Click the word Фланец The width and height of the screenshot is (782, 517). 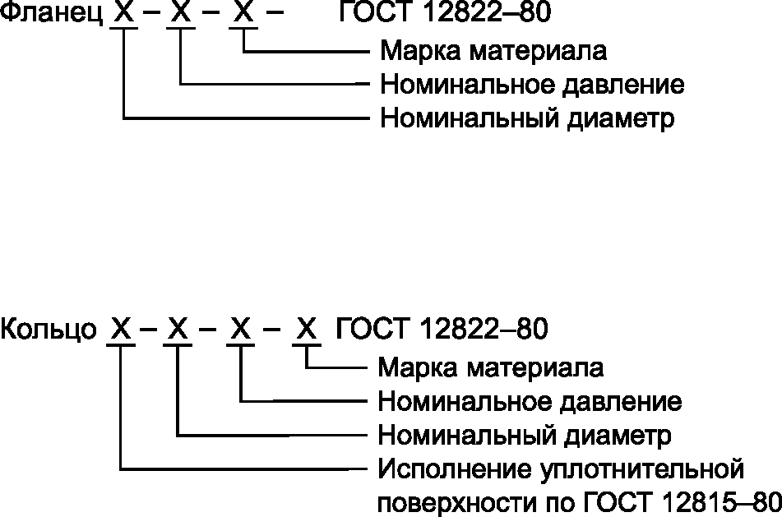coord(49,14)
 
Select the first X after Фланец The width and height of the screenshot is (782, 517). coord(123,14)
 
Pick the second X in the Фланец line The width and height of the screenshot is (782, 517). coord(181,14)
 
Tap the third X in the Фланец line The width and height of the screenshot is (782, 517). coord(243,14)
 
